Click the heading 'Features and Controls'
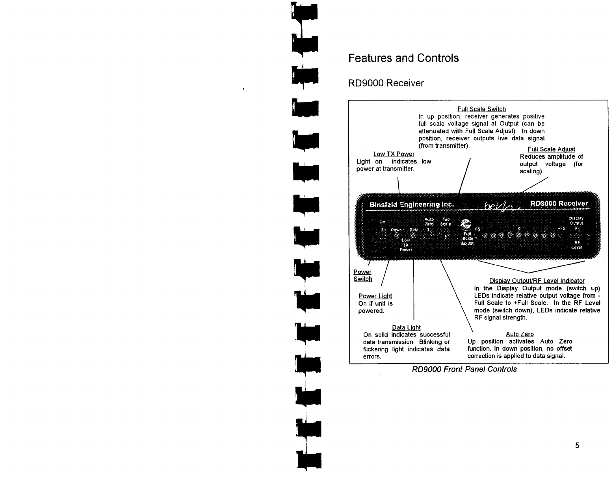click(403, 58)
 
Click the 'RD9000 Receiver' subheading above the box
click(386, 84)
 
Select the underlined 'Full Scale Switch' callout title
click(481, 109)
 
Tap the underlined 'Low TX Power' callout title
click(394, 154)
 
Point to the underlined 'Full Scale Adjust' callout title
click(551, 149)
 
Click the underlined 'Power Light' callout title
click(375, 296)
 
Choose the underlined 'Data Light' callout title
click(406, 328)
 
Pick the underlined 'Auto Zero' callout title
click(520, 334)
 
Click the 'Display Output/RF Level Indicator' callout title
click(537, 281)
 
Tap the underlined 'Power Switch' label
click(362, 275)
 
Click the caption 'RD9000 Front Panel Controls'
click(464, 369)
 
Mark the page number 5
click(577, 446)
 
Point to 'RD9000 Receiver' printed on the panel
click(559, 204)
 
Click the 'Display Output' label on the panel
click(576, 220)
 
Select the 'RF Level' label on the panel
click(577, 245)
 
